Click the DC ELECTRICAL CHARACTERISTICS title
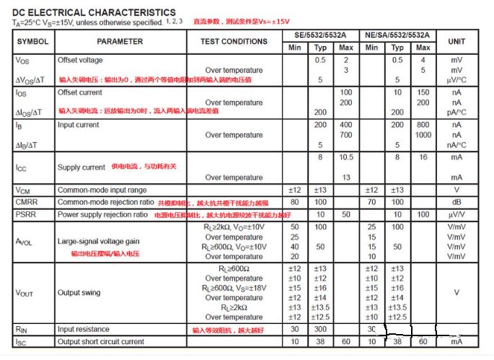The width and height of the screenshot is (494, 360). pyautogui.click(x=93, y=12)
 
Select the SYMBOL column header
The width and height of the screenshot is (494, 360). pyautogui.click(x=32, y=41)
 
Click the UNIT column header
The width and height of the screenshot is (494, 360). pyautogui.click(x=456, y=41)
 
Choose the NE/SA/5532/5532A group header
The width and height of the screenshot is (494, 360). pyautogui.click(x=397, y=35)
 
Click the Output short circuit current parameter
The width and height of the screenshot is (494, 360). pyautogui.click(x=110, y=341)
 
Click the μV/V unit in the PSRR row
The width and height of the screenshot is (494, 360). pyautogui.click(x=456, y=214)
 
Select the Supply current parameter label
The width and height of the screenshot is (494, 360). pyautogui.click(x=81, y=167)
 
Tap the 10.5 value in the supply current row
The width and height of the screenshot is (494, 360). pyautogui.click(x=345, y=157)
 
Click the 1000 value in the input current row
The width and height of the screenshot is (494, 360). pyautogui.click(x=423, y=135)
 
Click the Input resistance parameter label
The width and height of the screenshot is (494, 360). pyautogui.click(x=85, y=329)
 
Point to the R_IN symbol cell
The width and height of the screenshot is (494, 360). pyautogui.click(x=22, y=329)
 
